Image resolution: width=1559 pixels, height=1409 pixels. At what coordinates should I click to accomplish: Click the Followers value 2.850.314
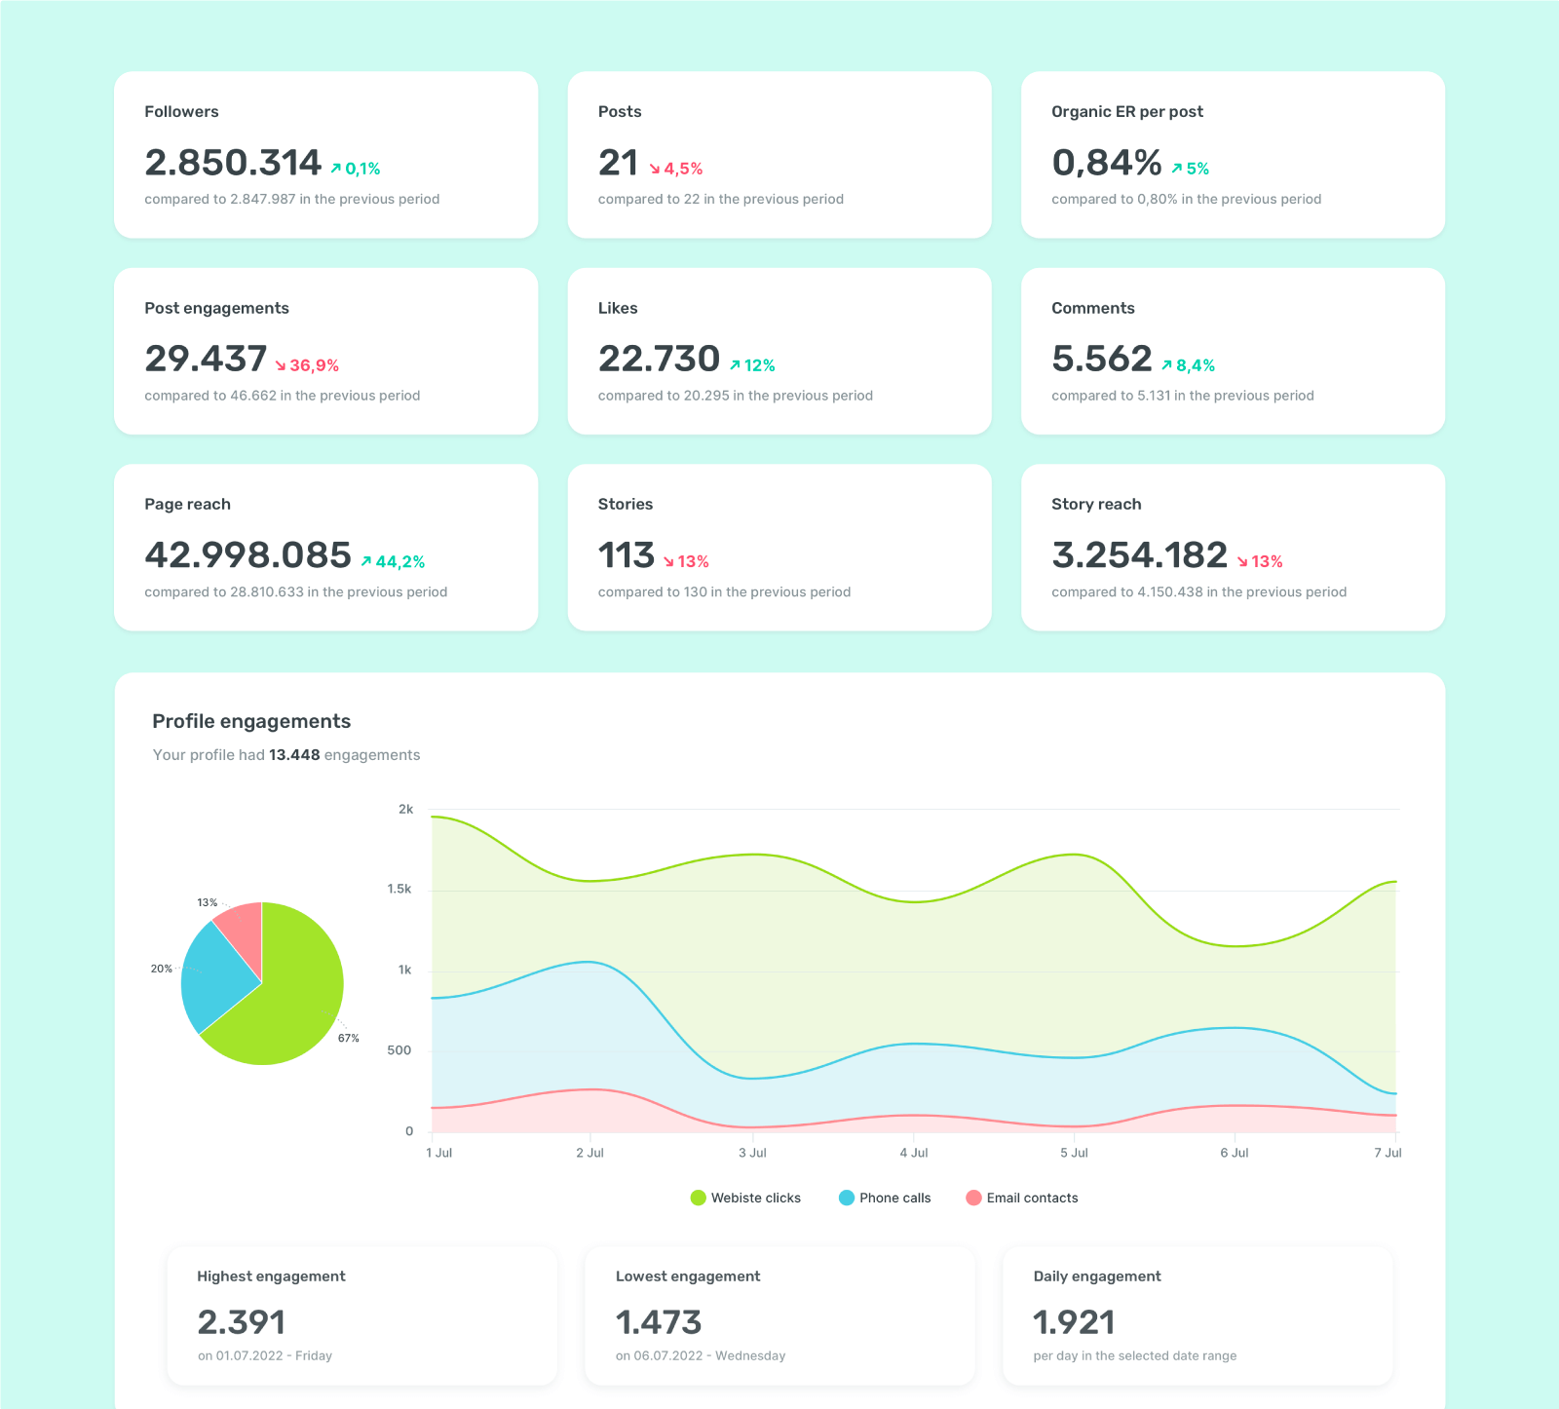pyautogui.click(x=233, y=163)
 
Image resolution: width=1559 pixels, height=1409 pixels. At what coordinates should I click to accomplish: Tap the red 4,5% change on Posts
pyautogui.click(x=676, y=169)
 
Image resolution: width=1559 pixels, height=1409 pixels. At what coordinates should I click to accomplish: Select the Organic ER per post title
pyautogui.click(x=1126, y=111)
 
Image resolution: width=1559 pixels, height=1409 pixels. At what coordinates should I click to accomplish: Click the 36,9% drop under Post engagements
pyautogui.click(x=307, y=365)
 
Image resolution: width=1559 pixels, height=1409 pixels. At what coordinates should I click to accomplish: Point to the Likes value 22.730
pyautogui.click(x=659, y=359)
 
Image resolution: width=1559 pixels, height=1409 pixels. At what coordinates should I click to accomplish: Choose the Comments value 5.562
pyautogui.click(x=1101, y=359)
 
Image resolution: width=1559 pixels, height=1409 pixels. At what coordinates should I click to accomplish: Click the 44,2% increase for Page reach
pyautogui.click(x=393, y=561)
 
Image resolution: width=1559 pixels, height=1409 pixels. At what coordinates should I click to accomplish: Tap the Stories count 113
pyautogui.click(x=626, y=555)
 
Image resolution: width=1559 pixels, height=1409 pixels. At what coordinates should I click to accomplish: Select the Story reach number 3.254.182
pyautogui.click(x=1139, y=555)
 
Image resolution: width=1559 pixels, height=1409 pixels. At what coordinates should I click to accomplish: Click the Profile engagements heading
pyautogui.click(x=251, y=721)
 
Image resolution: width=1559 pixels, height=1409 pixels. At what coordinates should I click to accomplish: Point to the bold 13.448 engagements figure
pyautogui.click(x=294, y=755)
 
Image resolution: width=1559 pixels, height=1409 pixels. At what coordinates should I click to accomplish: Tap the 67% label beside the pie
pyautogui.click(x=349, y=1038)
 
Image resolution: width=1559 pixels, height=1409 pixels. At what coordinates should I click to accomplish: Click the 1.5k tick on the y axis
pyautogui.click(x=399, y=889)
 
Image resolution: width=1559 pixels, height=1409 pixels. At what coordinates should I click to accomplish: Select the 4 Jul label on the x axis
pyautogui.click(x=913, y=1153)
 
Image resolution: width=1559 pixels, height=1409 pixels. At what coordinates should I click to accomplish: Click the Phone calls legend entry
pyautogui.click(x=885, y=1198)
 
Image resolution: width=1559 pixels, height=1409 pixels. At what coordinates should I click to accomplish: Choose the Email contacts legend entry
pyautogui.click(x=1022, y=1198)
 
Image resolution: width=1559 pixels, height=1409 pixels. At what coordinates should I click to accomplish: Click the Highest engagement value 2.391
pyautogui.click(x=241, y=1322)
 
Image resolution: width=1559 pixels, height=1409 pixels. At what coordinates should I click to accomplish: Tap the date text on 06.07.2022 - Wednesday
pyautogui.click(x=700, y=1355)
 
